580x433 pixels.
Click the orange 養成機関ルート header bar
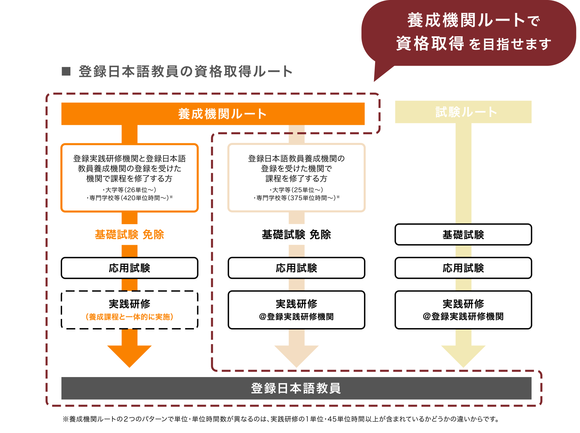click(213, 114)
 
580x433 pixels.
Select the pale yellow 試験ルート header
click(463, 112)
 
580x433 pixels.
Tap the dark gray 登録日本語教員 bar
click(296, 388)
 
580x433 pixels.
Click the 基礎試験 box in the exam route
click(463, 234)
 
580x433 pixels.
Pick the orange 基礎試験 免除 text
click(129, 234)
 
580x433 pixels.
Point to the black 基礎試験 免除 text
click(296, 234)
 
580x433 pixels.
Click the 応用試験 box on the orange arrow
click(129, 268)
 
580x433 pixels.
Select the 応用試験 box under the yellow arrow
click(463, 268)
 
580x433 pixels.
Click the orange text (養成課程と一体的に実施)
click(129, 317)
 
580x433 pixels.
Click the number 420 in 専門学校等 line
click(129, 198)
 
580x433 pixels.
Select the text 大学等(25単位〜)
click(296, 190)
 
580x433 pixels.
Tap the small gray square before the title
click(66, 71)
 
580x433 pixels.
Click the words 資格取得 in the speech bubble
click(430, 44)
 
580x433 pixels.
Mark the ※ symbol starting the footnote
click(65, 419)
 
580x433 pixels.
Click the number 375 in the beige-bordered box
click(296, 198)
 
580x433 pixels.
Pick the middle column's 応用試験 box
click(296, 268)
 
